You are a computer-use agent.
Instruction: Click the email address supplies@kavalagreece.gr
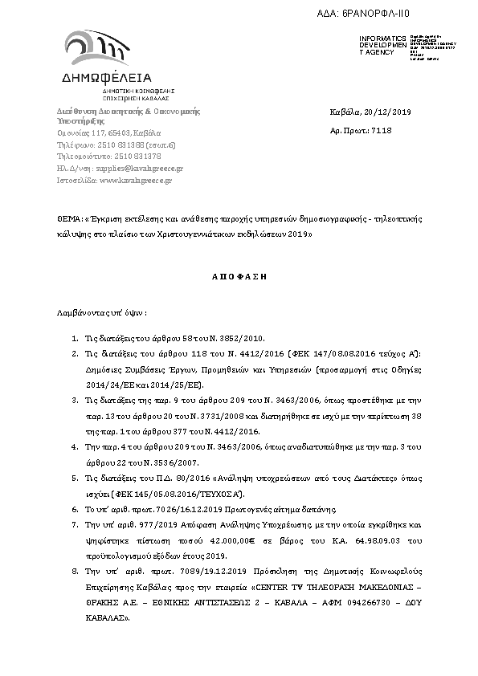coord(139,169)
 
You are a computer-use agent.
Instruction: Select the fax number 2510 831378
coord(133,157)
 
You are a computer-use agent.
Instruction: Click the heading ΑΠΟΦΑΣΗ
coord(239,275)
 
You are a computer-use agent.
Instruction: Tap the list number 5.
coord(75,477)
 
